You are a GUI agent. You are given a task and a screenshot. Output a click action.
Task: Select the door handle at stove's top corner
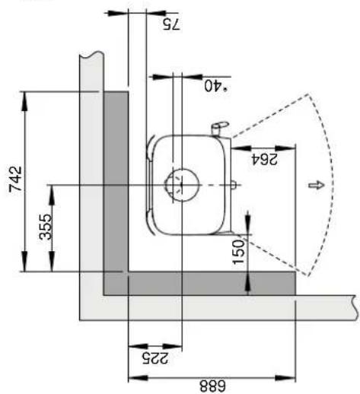pos(218,125)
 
